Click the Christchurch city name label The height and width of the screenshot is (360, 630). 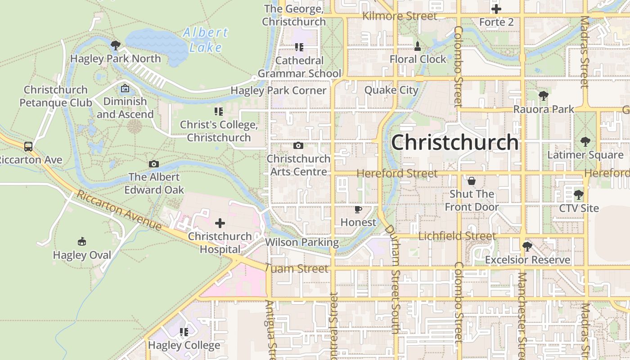pos(454,143)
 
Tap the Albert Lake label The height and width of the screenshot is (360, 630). pos(206,40)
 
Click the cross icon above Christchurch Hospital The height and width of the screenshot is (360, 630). pos(220,223)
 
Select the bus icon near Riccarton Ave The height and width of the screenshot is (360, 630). pos(28,146)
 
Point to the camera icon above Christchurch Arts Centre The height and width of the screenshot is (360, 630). pos(298,145)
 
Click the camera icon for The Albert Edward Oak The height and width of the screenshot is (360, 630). pos(154,164)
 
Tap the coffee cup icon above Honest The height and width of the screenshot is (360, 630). pos(358,209)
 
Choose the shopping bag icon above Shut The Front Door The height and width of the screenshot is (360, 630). pos(472,181)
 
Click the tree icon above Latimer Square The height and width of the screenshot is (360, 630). pos(585,142)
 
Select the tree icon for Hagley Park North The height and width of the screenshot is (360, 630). pos(116,45)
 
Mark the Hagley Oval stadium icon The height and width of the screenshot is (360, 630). pos(82,242)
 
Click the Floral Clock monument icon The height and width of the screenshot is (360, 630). pos(418,46)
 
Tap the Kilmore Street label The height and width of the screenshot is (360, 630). pos(400,16)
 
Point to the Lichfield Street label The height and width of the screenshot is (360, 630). pos(457,236)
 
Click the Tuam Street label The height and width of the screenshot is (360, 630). pos(297,269)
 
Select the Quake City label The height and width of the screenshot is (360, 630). pos(391,90)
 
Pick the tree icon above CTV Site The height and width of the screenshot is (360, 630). pos(579,195)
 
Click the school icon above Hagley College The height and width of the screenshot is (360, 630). pos(184,332)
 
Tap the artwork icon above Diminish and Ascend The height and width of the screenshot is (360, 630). pos(125,88)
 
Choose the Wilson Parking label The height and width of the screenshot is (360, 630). pos(302,242)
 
